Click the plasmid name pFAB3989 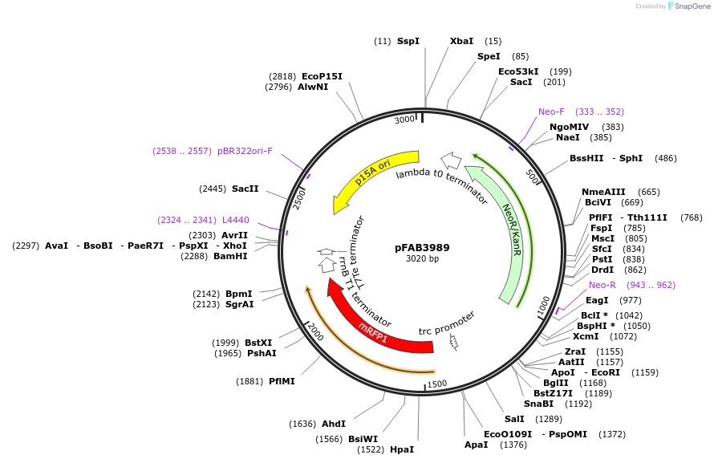point(422,248)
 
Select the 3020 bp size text point(422,259)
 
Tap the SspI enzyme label point(408,41)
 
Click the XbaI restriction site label point(461,41)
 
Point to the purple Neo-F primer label point(551,112)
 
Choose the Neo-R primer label point(602,285)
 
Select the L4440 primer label point(235,220)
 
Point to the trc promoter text point(446,323)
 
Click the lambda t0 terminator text point(442,185)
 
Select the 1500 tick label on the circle point(437,384)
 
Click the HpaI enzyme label point(402,449)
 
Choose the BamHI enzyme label point(230,256)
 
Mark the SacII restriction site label point(245,189)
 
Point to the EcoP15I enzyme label point(322,76)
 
